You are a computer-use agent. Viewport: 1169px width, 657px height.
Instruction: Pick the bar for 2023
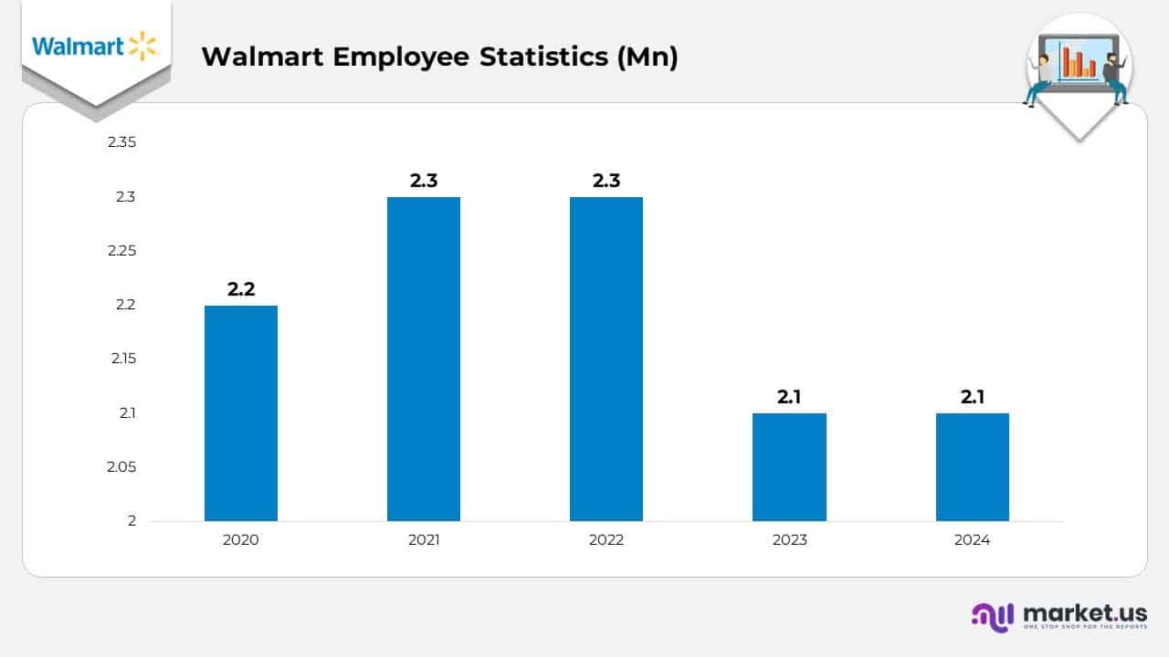tap(789, 467)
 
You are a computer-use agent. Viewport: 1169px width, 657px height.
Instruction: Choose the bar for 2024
tap(972, 467)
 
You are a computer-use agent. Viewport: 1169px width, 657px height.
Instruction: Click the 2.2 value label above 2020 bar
tap(241, 289)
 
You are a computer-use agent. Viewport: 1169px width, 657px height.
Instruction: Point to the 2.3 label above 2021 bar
tap(424, 181)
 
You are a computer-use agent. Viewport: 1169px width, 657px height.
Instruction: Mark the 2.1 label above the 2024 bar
tap(972, 397)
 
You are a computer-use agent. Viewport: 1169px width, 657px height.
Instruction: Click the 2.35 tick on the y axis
tap(121, 142)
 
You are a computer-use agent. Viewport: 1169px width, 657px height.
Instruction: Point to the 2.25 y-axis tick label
tap(121, 251)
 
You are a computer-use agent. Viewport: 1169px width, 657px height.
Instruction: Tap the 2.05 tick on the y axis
tap(121, 467)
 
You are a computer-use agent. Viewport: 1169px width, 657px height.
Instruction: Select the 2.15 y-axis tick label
tap(121, 359)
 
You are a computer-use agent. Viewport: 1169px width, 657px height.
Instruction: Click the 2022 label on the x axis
tap(606, 540)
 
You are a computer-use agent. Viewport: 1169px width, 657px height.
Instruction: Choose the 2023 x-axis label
tap(789, 540)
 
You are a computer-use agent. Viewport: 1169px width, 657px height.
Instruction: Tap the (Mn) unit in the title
tap(648, 57)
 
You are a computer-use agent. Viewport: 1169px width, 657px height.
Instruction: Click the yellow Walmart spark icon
tap(142, 46)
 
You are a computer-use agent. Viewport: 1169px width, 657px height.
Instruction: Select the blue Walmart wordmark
tap(78, 47)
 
